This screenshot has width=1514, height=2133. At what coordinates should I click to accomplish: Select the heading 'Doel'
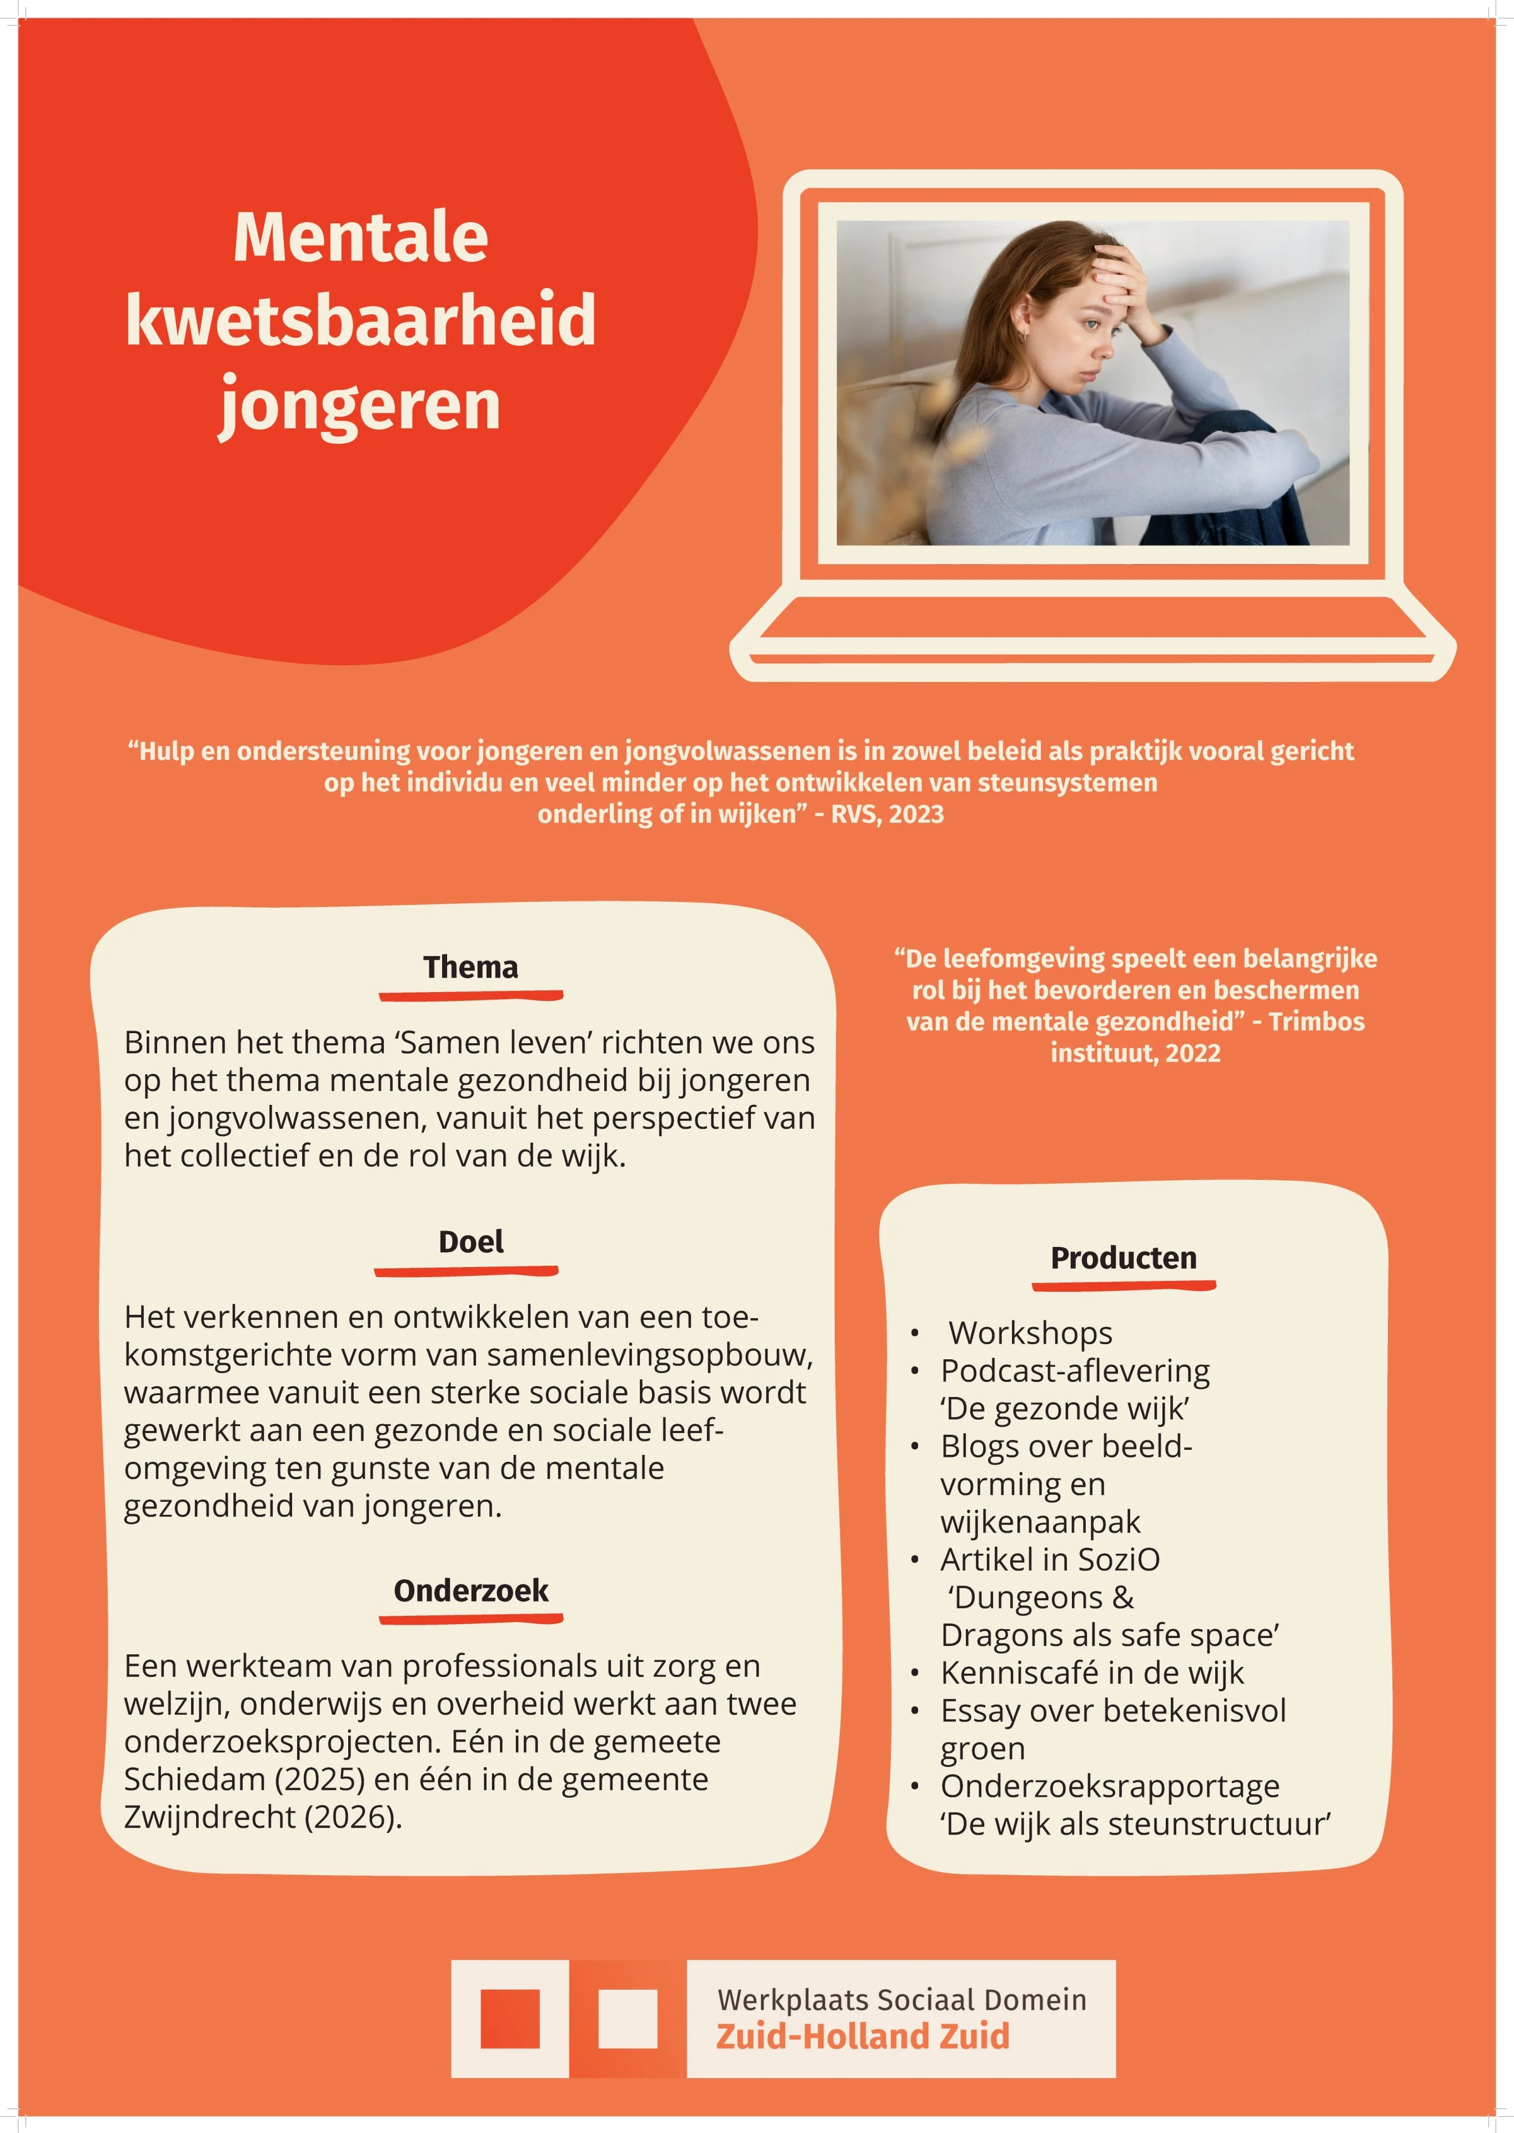click(471, 1242)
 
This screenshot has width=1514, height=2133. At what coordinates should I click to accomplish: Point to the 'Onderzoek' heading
click(471, 1590)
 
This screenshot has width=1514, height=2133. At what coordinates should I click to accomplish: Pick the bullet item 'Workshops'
click(1030, 1333)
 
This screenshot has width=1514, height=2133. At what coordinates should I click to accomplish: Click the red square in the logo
click(510, 2019)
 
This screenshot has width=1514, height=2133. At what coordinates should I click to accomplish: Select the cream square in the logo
click(628, 2019)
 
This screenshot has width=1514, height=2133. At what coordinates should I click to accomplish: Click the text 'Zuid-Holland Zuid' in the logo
click(863, 2036)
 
